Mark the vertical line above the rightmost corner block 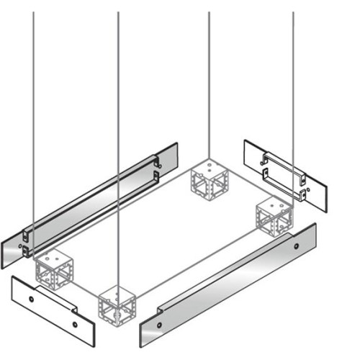click(x=293, y=101)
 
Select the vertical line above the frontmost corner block click(x=118, y=144)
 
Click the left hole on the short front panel click(x=32, y=297)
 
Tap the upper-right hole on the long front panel click(x=296, y=246)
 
